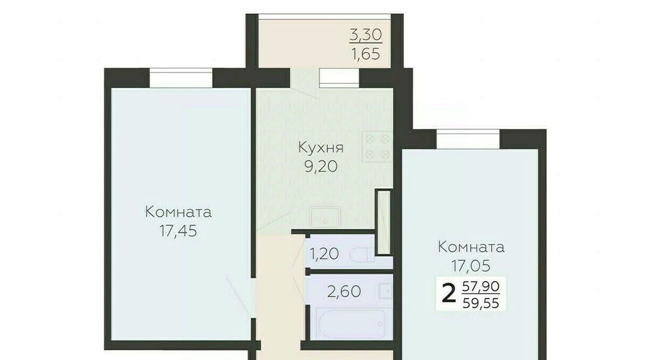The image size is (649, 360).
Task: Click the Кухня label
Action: (321, 148)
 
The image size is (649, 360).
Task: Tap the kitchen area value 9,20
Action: (321, 166)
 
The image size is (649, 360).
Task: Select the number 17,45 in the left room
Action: (178, 231)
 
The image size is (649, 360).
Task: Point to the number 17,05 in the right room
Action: (471, 266)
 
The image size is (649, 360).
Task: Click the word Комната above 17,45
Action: (178, 212)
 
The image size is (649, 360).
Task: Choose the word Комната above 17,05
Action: (471, 248)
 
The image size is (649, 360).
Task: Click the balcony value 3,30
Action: (366, 35)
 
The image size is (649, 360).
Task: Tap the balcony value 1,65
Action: (366, 54)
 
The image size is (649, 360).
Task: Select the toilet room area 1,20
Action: (324, 254)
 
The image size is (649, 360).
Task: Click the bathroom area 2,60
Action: (344, 291)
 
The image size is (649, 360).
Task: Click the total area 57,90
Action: (481, 286)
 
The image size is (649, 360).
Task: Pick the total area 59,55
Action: (481, 303)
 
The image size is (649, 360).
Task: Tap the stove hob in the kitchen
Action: (378, 146)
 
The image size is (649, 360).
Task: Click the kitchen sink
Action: (325, 217)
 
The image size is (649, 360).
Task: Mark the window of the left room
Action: (181, 78)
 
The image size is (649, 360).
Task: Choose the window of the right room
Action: (468, 139)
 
